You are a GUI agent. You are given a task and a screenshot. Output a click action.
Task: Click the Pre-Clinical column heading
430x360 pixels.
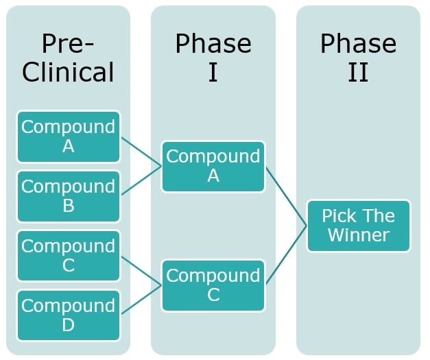(x=68, y=58)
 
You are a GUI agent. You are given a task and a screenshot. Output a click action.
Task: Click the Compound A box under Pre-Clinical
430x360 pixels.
(x=68, y=136)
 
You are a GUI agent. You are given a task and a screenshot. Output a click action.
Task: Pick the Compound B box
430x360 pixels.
(x=68, y=196)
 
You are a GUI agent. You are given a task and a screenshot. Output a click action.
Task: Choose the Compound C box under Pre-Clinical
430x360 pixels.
(x=68, y=256)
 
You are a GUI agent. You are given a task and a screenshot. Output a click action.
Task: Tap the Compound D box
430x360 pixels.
(x=68, y=315)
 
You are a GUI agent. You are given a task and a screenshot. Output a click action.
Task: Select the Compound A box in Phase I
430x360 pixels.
(x=213, y=166)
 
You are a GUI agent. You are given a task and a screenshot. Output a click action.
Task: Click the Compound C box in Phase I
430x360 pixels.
(x=213, y=285)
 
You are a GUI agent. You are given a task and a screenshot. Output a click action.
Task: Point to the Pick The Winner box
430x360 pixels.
(x=358, y=226)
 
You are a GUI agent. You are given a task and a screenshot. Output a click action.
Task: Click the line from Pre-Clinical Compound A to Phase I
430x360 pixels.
(x=141, y=152)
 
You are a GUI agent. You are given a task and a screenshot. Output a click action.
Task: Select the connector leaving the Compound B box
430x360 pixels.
(x=141, y=181)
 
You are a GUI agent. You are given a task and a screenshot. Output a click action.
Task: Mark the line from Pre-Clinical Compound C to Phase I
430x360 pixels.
(x=141, y=271)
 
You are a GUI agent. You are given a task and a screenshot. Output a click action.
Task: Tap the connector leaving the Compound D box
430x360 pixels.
(x=141, y=300)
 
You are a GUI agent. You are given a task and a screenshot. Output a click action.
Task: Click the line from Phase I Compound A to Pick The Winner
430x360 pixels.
(x=286, y=196)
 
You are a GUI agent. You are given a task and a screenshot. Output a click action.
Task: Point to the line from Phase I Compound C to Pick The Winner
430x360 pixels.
(x=286, y=255)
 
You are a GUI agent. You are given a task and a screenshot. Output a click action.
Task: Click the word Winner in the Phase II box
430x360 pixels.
(x=358, y=235)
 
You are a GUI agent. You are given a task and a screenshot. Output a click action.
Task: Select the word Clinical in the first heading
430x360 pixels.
(x=68, y=71)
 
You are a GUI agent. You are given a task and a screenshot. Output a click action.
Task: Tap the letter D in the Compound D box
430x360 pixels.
(x=68, y=324)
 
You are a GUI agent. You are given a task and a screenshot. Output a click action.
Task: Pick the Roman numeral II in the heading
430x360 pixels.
(x=358, y=71)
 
